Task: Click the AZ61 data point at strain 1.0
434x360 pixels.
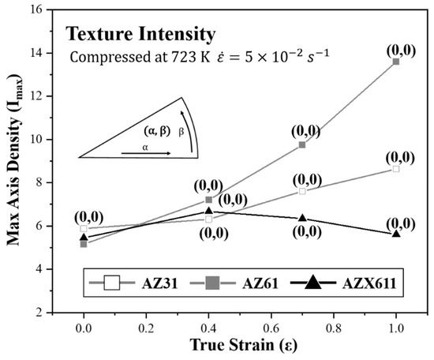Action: tap(395, 61)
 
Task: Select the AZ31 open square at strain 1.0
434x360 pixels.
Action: tap(395, 169)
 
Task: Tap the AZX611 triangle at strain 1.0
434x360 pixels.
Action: tap(395, 233)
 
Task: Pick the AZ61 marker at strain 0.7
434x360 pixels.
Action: tap(302, 144)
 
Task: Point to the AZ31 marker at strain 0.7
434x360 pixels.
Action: tap(302, 191)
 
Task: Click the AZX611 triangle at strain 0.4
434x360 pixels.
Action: tap(208, 211)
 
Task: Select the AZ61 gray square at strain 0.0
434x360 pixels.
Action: tap(84, 244)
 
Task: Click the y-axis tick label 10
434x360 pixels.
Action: tap(49, 140)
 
